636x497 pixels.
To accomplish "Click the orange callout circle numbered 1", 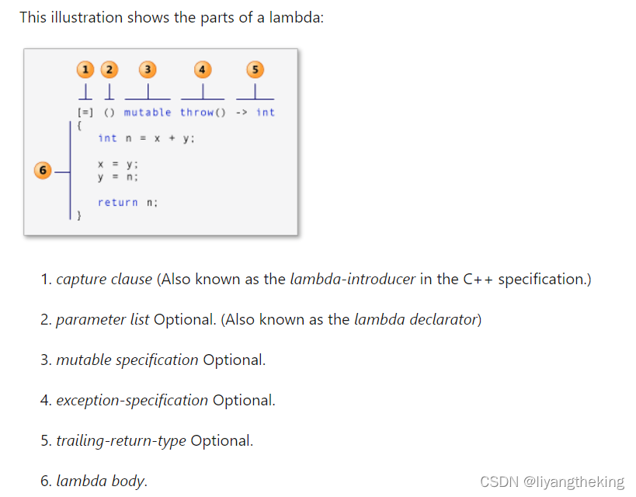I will coord(85,70).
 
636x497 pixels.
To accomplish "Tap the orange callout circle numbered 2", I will coord(109,70).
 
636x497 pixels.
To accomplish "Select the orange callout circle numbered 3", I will coord(147,70).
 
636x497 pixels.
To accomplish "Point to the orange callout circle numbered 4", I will coord(202,70).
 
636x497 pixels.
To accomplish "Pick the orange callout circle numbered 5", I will coord(254,70).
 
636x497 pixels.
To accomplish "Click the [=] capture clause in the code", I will coord(85,113).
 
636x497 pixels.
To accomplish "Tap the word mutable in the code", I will coord(148,113).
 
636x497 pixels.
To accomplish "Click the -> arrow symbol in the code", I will coord(241,113).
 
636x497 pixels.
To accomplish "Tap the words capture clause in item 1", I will coord(104,279).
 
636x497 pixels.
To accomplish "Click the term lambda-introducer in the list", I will coord(353,279).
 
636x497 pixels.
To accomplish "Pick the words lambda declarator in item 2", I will coord(415,319).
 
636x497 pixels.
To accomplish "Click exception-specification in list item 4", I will coord(132,400).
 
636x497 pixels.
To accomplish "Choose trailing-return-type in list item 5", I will coord(121,440).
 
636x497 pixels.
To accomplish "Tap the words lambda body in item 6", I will coord(100,481).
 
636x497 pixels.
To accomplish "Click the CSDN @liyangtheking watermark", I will coord(552,481).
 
